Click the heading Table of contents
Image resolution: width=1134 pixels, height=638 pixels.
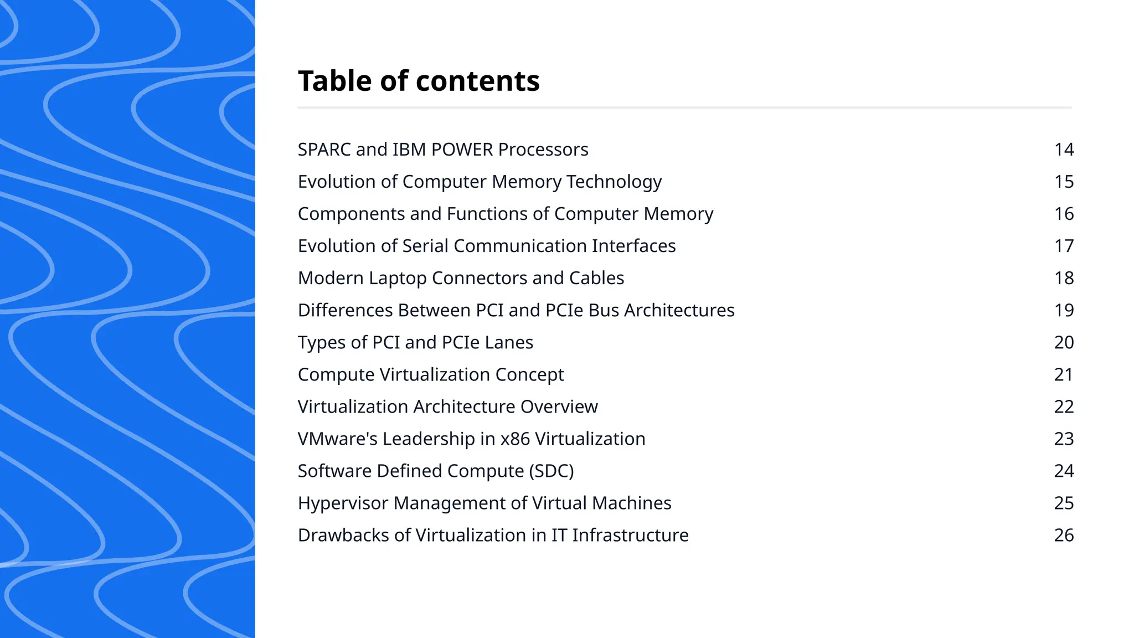click(x=419, y=81)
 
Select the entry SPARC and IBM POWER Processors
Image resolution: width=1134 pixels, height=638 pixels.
click(x=443, y=150)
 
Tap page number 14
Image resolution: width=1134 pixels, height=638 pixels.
click(x=1064, y=150)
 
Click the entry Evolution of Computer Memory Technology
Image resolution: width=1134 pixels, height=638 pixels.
click(x=480, y=182)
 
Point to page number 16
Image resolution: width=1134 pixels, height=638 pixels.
click(x=1064, y=214)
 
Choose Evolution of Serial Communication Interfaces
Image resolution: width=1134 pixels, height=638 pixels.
click(x=487, y=246)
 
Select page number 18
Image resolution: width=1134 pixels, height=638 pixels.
click(x=1064, y=278)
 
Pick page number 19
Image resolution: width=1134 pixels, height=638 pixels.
click(x=1064, y=310)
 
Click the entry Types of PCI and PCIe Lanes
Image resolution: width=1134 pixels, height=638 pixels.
click(x=415, y=342)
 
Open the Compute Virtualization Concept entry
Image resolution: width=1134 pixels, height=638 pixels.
click(x=431, y=374)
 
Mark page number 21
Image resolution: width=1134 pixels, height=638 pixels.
click(x=1064, y=374)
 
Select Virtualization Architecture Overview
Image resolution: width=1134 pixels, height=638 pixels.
click(x=447, y=407)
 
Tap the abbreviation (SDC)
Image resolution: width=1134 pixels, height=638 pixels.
click(x=551, y=471)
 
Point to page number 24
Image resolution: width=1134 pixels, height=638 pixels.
click(x=1064, y=471)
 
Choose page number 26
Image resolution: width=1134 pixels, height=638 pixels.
click(x=1064, y=535)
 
